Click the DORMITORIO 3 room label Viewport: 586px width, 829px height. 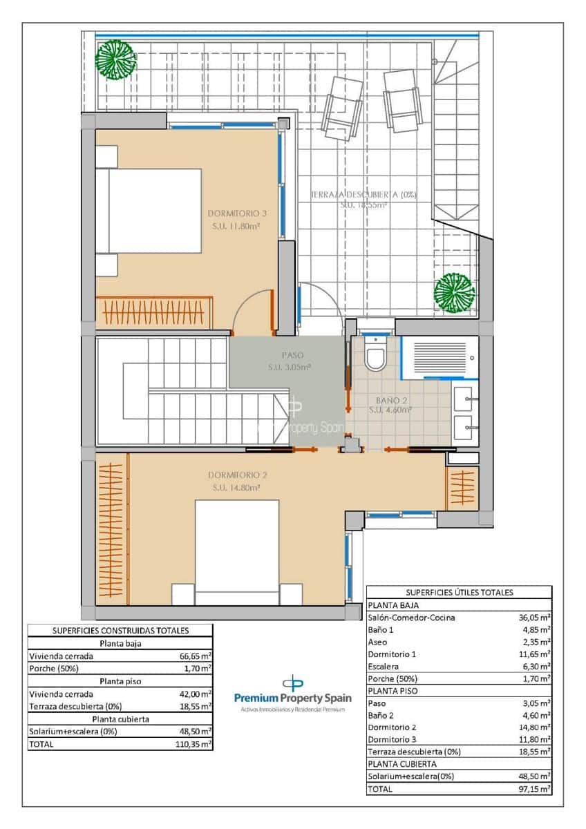(x=237, y=213)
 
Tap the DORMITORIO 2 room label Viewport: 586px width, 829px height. (x=237, y=475)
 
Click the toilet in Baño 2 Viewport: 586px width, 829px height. (x=376, y=356)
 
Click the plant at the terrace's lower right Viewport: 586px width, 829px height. (x=454, y=292)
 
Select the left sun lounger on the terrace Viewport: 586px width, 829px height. (x=342, y=108)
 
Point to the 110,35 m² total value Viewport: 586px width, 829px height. (x=195, y=744)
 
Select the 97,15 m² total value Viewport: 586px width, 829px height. (x=535, y=788)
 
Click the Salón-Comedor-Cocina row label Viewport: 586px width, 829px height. (x=411, y=618)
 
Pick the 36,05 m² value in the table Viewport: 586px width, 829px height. (x=535, y=618)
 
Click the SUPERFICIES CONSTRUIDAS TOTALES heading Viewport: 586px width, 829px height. (x=121, y=630)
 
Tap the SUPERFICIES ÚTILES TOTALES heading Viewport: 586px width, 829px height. (x=459, y=592)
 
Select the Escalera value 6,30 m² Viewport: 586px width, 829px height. (x=536, y=666)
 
